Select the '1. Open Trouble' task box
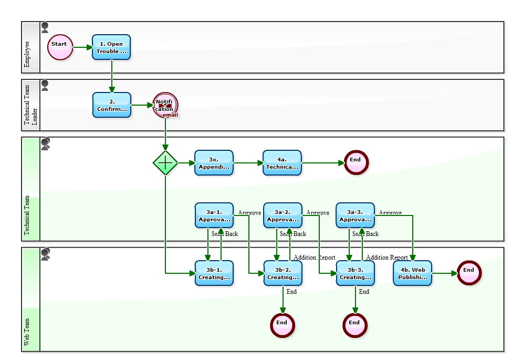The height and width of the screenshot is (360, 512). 111,47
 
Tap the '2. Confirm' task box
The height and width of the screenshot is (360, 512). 111,105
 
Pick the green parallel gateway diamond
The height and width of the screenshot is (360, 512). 165,163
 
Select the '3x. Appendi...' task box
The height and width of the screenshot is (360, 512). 214,163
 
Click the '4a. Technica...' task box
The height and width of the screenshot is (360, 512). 282,163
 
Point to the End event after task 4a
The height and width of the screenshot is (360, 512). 356,163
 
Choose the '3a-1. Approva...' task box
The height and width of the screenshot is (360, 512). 214,215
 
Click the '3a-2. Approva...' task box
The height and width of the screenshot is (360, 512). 283,215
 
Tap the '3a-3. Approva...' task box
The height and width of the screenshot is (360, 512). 355,215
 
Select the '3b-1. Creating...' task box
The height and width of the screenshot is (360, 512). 214,273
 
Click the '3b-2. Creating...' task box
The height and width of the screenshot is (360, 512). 283,273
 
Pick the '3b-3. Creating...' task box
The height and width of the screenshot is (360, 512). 355,273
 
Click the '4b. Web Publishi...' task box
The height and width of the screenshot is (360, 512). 412,273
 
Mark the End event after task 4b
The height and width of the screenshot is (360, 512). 469,273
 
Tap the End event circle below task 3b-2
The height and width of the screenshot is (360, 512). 283,325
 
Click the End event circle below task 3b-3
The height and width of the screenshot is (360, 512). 355,325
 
